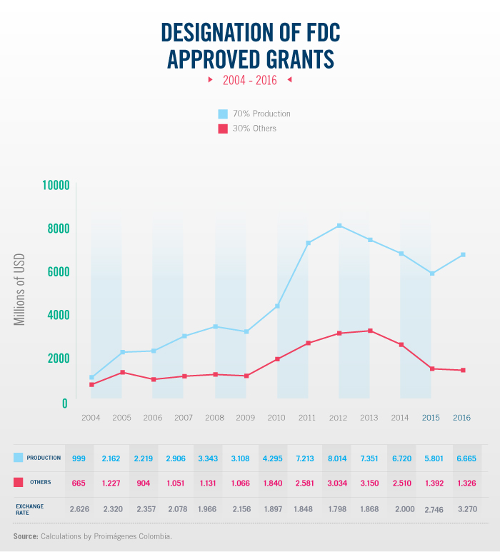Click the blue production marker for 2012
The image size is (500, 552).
[339, 226]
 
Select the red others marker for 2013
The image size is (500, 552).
[370, 331]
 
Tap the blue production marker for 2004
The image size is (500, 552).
[91, 377]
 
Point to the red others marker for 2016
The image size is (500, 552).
[463, 370]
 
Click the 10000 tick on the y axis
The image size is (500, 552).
[55, 186]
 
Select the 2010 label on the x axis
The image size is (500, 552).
[276, 418]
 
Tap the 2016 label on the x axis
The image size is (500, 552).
[462, 418]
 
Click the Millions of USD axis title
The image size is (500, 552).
[20, 289]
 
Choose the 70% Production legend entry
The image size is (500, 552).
[261, 114]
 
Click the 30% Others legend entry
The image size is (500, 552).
[254, 129]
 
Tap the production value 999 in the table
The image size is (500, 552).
[79, 458]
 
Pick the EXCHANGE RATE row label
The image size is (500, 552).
[31, 509]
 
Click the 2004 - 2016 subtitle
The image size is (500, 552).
[249, 80]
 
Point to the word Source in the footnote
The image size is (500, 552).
[25, 536]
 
